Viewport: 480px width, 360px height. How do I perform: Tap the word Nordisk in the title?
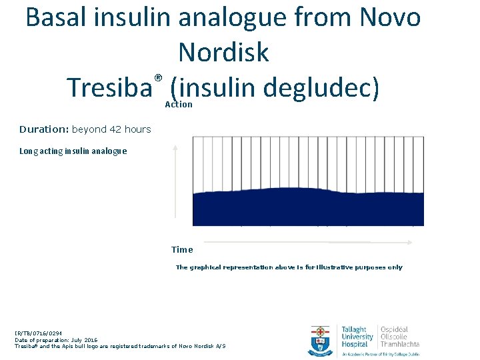pos(224,52)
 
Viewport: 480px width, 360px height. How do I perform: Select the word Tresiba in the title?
pos(110,87)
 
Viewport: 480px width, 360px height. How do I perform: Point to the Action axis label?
pos(179,105)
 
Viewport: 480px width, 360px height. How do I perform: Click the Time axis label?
pos(182,250)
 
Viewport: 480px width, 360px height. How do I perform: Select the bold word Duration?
pos(43,129)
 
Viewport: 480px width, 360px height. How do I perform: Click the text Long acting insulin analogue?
pos(73,151)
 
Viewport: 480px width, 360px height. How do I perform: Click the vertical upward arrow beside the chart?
pos(175,180)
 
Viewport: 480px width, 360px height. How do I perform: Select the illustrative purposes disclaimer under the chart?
pos(289,267)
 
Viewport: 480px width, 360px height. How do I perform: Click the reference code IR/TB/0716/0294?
pos(39,334)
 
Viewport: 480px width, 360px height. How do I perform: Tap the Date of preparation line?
pos(56,340)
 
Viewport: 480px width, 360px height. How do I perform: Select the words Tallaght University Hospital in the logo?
pos(357,337)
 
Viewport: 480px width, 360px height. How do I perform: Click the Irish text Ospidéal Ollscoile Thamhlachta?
pos(400,337)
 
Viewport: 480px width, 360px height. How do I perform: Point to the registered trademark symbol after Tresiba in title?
pos(159,78)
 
